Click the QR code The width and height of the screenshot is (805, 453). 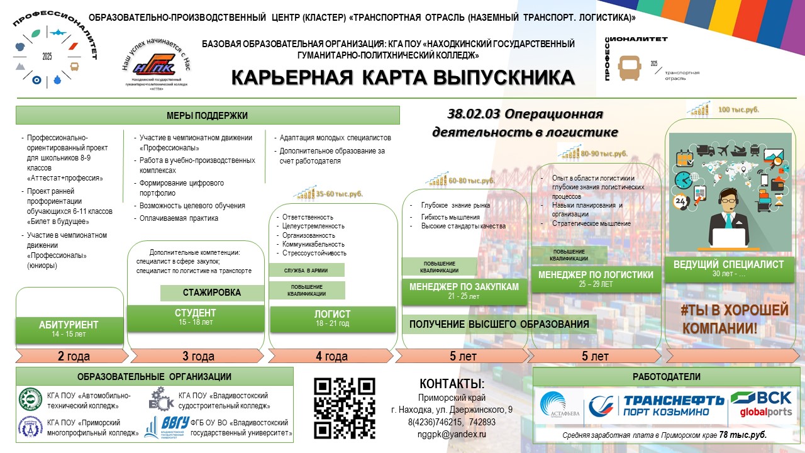pos(344,408)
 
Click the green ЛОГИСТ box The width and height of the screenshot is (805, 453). pos(332,318)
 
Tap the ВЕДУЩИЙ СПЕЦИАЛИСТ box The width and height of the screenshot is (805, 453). pos(728,269)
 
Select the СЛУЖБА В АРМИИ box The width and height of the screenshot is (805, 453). pos(307,270)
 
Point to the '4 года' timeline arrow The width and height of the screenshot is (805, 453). pos(331,356)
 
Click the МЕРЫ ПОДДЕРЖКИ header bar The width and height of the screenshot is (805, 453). pos(208,115)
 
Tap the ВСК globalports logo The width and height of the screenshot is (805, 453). pos(760,405)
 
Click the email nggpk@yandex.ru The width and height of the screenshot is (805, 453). pos(452,434)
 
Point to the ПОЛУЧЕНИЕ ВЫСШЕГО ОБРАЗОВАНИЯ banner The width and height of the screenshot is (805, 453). pos(499,325)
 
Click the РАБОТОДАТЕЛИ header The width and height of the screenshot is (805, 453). pos(665,376)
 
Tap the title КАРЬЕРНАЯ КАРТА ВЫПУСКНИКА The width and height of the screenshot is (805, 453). pos(402,77)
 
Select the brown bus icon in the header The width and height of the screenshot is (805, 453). pos(631,68)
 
